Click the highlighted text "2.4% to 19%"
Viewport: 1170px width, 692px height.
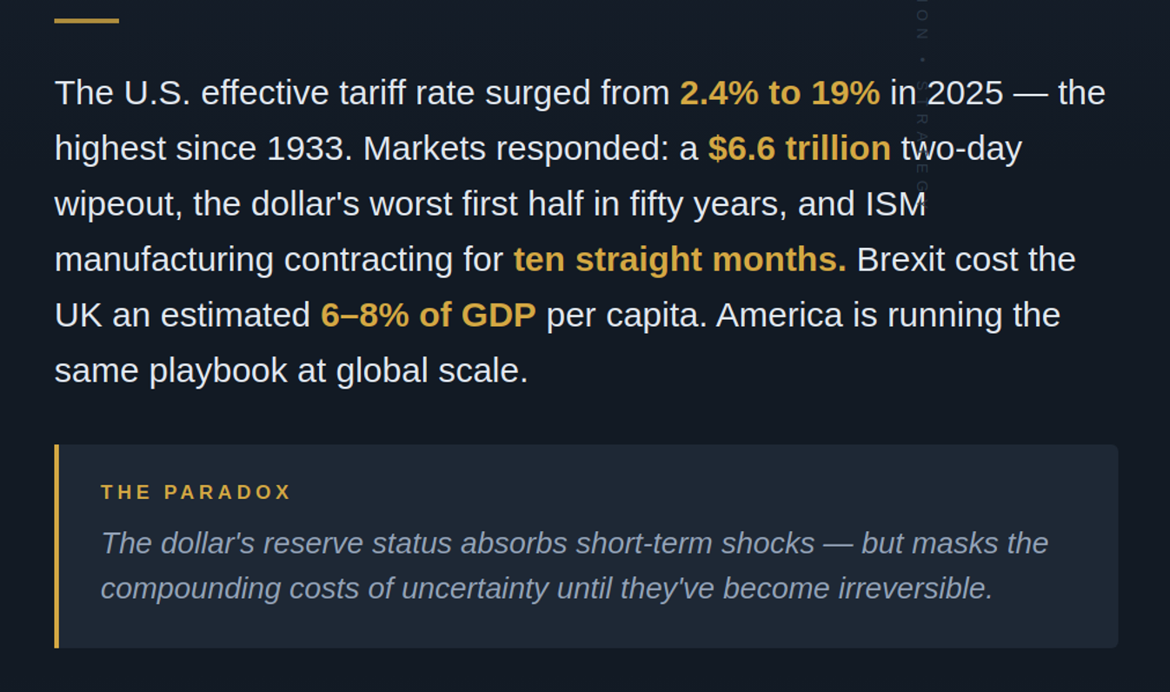[780, 93]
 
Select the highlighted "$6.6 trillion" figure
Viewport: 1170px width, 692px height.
[799, 149]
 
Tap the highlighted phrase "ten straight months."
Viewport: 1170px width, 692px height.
[680, 260]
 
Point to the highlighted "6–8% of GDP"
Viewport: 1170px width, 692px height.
[428, 316]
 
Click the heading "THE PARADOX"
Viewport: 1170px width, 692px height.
[196, 492]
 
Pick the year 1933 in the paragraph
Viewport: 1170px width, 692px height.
[304, 149]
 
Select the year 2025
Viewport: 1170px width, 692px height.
[965, 93]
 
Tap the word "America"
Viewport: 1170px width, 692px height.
[779, 316]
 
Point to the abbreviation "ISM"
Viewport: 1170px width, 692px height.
[895, 204]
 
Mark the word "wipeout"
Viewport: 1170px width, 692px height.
[115, 204]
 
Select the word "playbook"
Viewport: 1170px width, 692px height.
[218, 371]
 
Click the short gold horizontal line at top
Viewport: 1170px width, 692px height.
[86, 21]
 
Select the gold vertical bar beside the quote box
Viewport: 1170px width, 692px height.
[57, 546]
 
